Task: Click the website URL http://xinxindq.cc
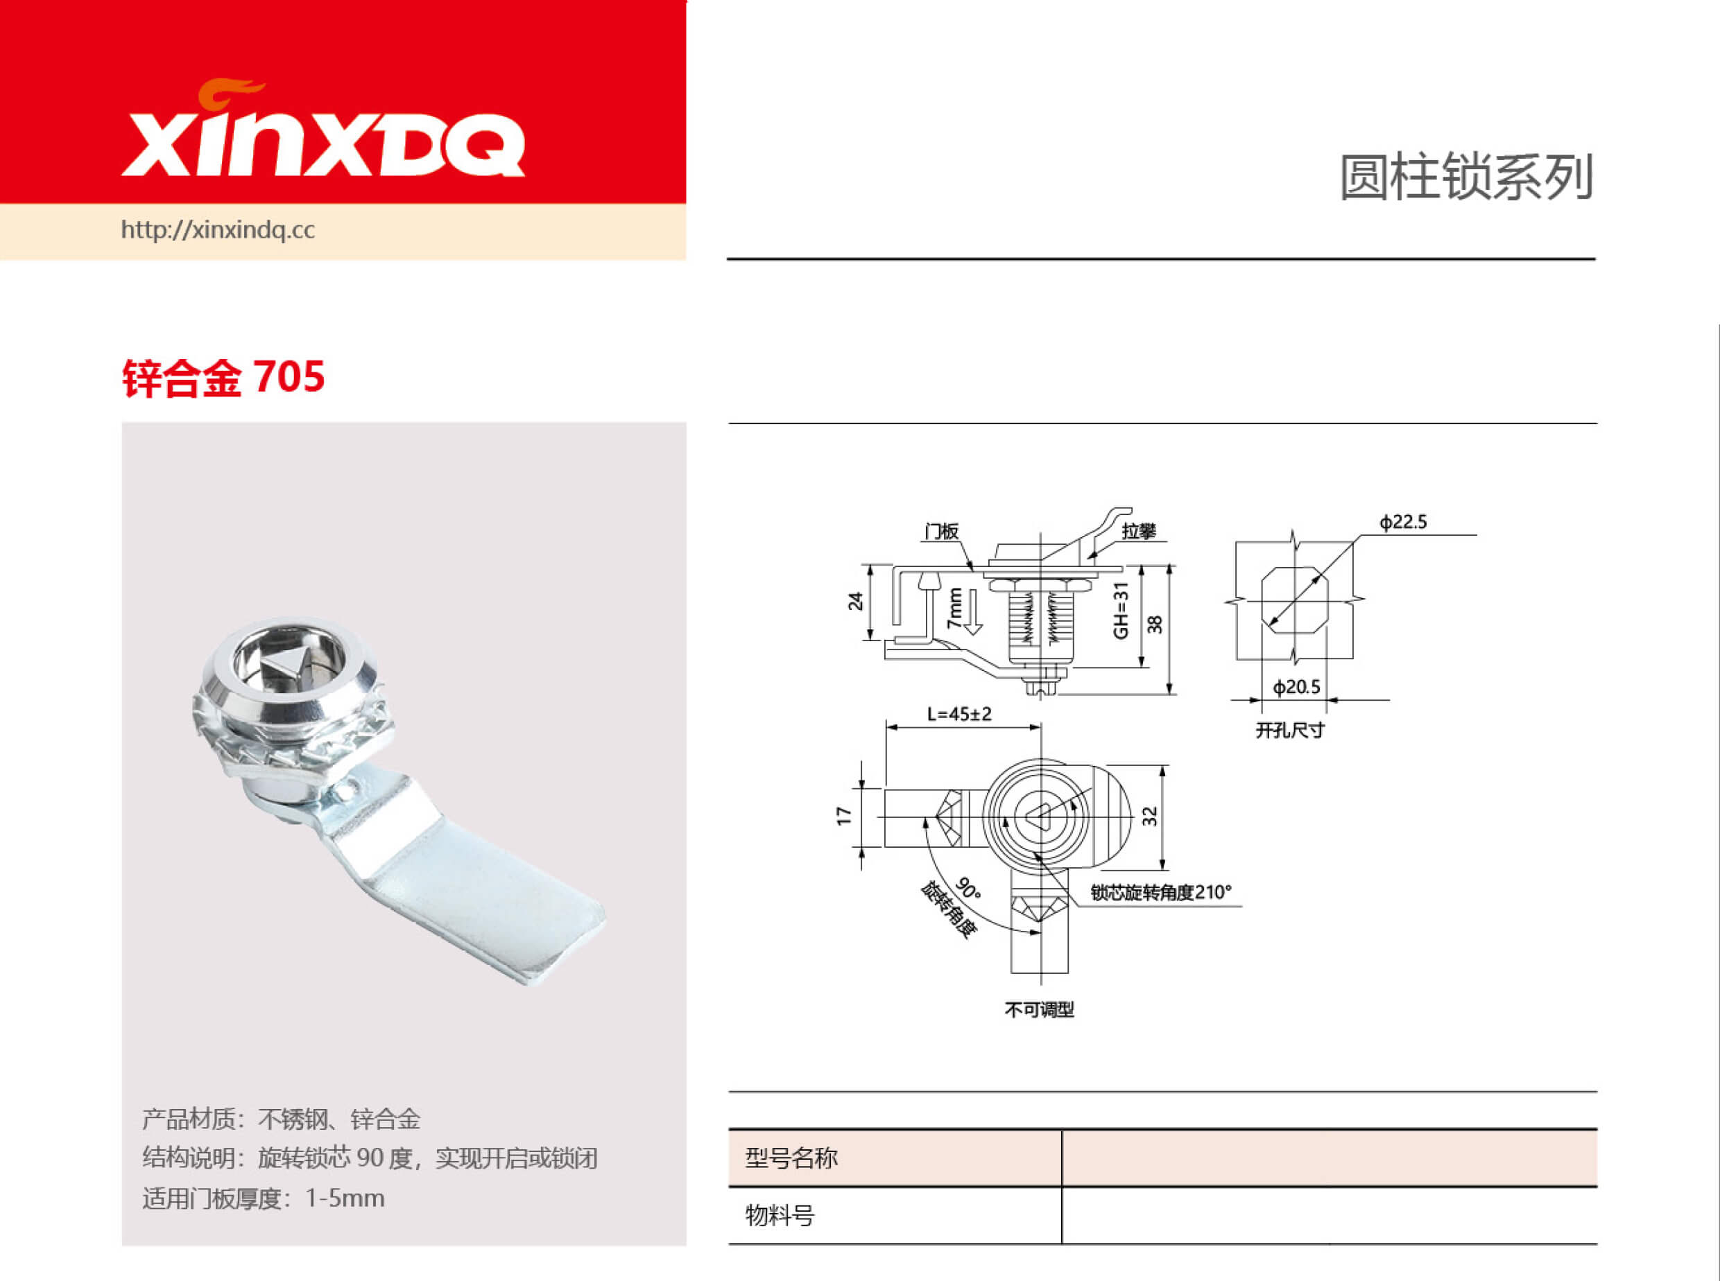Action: [x=217, y=230]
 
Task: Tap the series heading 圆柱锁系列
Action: [x=1465, y=177]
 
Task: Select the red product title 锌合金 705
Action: [x=223, y=378]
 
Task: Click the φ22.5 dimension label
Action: [x=1402, y=522]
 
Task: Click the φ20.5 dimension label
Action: [x=1296, y=687]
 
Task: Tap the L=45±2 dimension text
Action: [x=959, y=714]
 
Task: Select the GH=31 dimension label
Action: [x=1120, y=610]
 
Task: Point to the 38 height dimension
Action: [x=1155, y=625]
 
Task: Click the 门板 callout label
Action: [x=941, y=531]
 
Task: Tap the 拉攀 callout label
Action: [x=1138, y=531]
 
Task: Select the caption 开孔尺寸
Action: [x=1290, y=731]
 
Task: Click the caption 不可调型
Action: [x=1039, y=1009]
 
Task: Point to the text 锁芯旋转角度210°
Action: [x=1160, y=893]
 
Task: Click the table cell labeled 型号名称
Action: [x=791, y=1158]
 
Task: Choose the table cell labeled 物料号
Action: [x=780, y=1215]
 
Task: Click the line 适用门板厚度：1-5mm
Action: [x=263, y=1198]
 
